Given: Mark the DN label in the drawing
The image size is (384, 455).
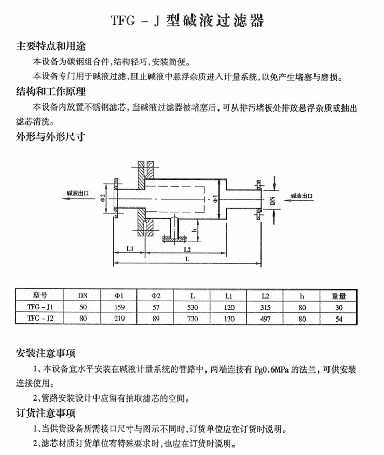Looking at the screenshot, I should [272, 198].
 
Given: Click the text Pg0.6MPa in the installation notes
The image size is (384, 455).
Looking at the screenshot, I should [272, 371].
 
